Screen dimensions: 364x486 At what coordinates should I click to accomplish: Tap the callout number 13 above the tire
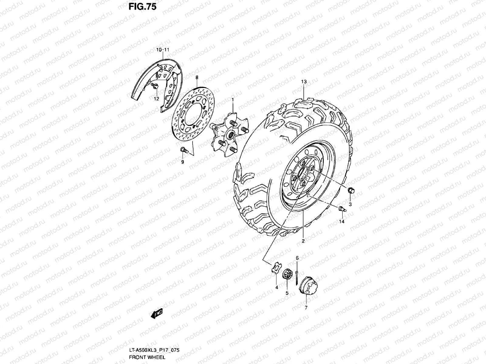(304, 82)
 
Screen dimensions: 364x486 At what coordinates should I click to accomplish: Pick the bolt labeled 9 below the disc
(183, 150)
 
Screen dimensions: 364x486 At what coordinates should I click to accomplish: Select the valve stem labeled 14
(341, 208)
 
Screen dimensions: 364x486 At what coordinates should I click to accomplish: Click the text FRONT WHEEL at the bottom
(147, 357)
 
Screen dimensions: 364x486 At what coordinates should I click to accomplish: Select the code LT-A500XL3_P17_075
(154, 350)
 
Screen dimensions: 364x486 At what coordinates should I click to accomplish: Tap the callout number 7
(306, 307)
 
